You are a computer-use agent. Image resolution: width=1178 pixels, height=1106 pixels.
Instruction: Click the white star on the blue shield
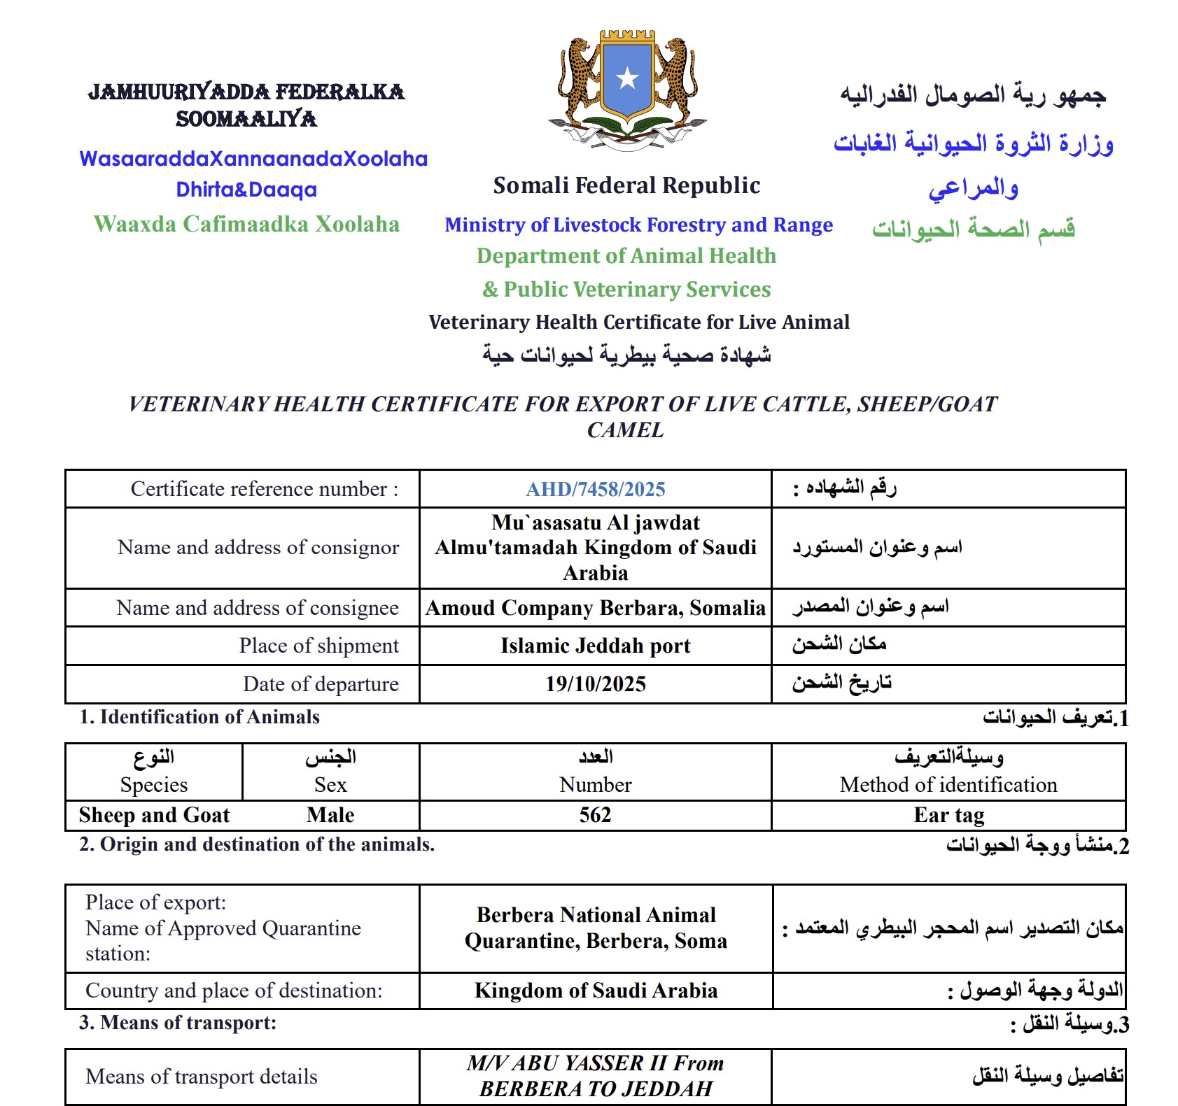click(x=627, y=78)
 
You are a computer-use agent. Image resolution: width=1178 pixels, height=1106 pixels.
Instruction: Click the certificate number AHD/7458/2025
click(x=595, y=489)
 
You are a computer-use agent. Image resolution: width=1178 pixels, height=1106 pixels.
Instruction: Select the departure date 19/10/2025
click(x=595, y=683)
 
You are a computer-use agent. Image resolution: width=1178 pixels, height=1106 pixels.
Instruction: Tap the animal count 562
click(x=595, y=815)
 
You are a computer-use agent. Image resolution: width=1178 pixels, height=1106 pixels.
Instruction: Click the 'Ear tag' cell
click(x=948, y=815)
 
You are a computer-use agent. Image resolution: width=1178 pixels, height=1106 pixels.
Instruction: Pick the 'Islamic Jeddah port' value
click(x=595, y=645)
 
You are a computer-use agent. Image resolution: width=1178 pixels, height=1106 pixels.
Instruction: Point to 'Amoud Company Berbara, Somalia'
click(x=595, y=607)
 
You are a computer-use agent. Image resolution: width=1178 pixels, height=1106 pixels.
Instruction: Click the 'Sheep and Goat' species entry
click(x=154, y=815)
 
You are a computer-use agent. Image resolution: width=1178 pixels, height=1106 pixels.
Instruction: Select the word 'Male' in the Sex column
click(x=330, y=815)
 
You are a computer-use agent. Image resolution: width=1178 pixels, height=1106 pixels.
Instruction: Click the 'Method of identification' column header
click(x=948, y=785)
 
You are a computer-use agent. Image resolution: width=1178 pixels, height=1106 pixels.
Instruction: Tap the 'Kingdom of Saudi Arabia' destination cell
click(x=596, y=991)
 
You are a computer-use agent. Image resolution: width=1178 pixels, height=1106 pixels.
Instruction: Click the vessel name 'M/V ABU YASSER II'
click(x=567, y=1063)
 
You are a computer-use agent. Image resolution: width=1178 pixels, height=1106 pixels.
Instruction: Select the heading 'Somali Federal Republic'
click(x=626, y=185)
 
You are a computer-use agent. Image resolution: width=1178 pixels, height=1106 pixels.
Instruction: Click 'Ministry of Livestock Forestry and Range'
click(x=638, y=225)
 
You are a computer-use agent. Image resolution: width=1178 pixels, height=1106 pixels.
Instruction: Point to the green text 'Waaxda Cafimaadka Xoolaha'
click(x=246, y=224)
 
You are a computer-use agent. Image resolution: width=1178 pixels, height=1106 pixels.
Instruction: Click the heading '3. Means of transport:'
click(x=178, y=1023)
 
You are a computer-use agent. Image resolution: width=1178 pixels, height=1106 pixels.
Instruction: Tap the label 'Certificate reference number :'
click(x=265, y=489)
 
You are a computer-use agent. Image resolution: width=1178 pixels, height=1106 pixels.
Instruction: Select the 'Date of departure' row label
click(x=321, y=683)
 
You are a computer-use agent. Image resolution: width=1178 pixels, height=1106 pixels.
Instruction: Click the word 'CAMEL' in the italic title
click(x=625, y=430)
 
